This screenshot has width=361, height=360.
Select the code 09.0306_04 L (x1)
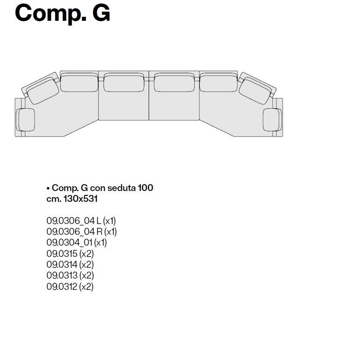81,221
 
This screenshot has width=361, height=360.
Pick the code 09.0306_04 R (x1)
82,232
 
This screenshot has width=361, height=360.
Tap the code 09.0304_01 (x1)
77,242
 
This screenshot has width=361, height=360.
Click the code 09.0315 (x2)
70,254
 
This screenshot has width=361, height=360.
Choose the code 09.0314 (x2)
70,264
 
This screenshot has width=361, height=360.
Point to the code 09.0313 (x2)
70,275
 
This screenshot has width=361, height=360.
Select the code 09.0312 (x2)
70,287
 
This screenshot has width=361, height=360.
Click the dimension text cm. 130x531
72,199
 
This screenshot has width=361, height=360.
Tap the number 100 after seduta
146,188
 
